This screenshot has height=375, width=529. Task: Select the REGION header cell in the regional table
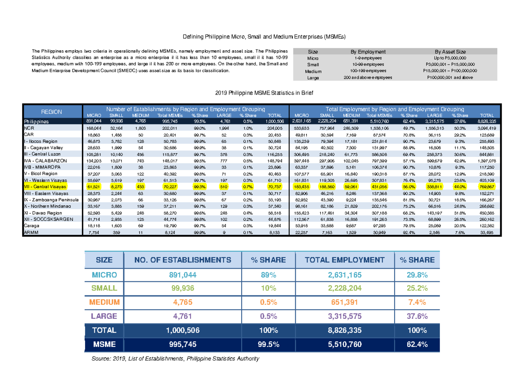click(52, 112)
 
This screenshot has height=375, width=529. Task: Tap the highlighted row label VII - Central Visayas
click(45, 187)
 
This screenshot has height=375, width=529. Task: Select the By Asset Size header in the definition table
click(449, 52)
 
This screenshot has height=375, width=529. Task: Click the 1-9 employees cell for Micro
click(366, 58)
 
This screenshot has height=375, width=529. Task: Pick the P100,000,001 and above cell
click(449, 78)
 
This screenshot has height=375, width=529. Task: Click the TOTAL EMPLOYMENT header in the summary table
click(344, 260)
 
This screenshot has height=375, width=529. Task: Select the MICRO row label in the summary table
click(104, 275)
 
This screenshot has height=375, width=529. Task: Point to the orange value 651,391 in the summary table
click(344, 302)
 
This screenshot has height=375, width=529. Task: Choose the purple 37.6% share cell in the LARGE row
click(417, 316)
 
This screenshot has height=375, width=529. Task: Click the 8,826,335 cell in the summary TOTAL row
click(344, 330)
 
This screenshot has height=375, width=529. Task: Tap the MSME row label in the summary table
click(104, 345)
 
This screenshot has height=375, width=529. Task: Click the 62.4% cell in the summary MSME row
click(417, 345)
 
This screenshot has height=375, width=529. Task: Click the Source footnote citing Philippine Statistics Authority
click(175, 359)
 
